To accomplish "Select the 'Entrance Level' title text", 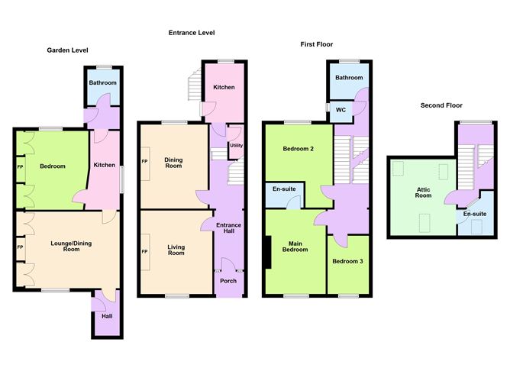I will point(192,33).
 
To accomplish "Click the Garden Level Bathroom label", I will point(102,82).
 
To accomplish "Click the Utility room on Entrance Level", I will point(236,145).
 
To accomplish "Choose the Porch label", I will point(228,281).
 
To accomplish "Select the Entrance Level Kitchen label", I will point(224,87).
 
